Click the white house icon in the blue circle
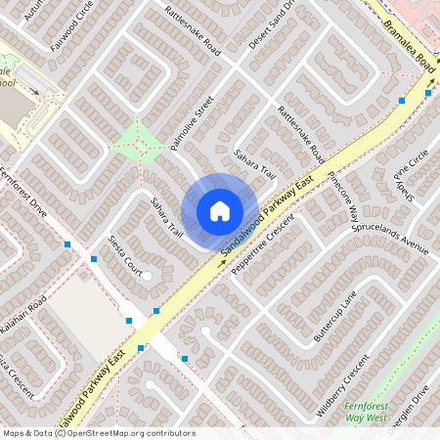click(220, 211)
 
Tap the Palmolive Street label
click(191, 122)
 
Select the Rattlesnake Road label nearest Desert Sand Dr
click(194, 30)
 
